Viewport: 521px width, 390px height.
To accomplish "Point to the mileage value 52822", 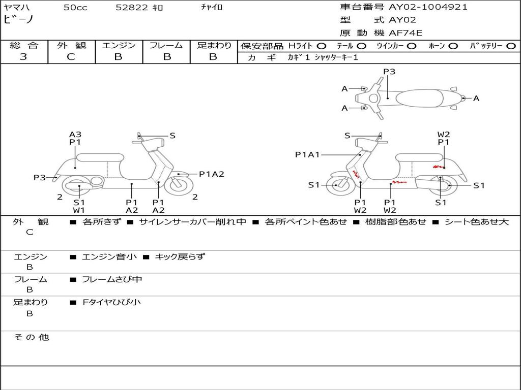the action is (x=132, y=8).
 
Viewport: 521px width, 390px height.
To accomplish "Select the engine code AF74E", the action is (x=406, y=34).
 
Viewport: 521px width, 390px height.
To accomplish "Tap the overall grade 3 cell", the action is (x=23, y=57).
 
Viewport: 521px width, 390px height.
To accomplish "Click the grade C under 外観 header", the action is (x=71, y=57).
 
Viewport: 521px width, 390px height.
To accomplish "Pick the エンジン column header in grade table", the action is (x=119, y=45).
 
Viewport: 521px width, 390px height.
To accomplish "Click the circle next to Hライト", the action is (x=322, y=46).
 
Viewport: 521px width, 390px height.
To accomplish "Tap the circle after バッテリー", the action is (x=511, y=46).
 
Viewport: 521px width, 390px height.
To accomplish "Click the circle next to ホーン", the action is (x=453, y=46).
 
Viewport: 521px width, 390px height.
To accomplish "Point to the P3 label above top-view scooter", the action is (x=389, y=72).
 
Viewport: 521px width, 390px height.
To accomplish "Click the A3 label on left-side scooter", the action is (x=75, y=135).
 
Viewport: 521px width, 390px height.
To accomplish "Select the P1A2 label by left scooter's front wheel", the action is (x=212, y=174).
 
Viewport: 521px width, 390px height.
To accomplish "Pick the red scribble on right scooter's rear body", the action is (x=437, y=166).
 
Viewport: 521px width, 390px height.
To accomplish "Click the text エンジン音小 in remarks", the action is (x=109, y=257).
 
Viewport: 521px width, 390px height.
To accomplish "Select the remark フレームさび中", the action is (x=112, y=279).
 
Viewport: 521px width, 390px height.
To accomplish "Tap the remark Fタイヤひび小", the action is (x=112, y=302).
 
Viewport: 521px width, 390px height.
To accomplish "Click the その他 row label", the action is (x=31, y=337).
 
